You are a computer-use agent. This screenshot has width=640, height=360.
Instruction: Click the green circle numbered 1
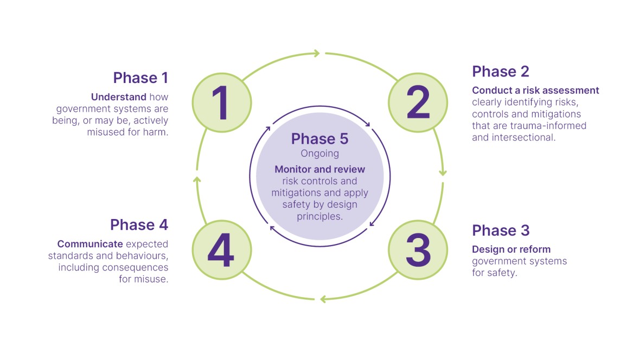tap(222, 102)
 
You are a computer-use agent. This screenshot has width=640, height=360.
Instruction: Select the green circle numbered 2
tap(418, 102)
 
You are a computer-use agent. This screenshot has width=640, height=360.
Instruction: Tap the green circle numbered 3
tap(418, 250)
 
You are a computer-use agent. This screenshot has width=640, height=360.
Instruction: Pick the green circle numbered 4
tap(222, 250)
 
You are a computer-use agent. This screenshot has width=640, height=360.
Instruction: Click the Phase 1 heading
tap(140, 78)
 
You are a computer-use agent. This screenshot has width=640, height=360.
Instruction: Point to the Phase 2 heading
tap(501, 72)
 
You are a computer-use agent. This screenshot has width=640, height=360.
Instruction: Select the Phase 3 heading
tap(501, 230)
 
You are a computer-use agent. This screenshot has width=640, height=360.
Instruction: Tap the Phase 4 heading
tap(139, 224)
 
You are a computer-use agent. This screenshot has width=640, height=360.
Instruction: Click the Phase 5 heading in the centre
tap(320, 139)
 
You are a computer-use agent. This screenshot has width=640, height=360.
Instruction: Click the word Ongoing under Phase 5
tap(320, 153)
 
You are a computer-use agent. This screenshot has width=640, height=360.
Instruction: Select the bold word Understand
tap(119, 97)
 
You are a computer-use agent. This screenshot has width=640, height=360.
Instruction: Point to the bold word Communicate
tap(90, 244)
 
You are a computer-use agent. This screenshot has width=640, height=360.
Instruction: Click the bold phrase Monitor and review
tap(320, 169)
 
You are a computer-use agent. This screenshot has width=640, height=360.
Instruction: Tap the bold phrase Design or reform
tap(511, 249)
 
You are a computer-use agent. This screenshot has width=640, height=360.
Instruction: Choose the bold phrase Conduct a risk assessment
tap(535, 91)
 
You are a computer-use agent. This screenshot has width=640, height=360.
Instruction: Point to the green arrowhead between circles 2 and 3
tap(443, 172)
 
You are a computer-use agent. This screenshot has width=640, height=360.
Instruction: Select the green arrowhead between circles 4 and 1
tap(197, 179)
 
